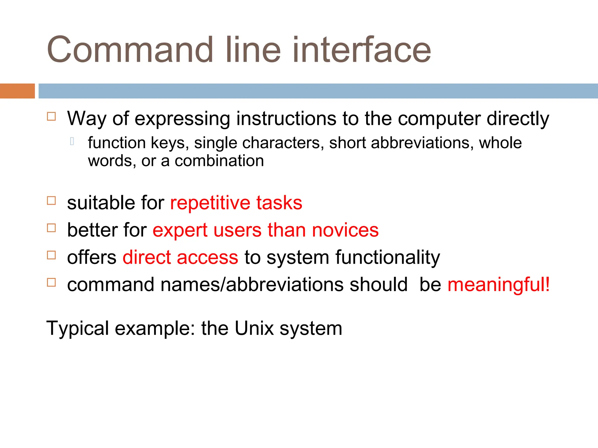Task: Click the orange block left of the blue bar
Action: click(17, 91)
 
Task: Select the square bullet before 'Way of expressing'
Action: click(51, 116)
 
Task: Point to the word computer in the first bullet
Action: click(439, 119)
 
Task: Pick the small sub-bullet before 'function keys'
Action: click(72, 141)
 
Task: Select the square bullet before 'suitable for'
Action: click(51, 201)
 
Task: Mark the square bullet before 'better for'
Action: click(51, 228)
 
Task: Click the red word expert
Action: click(180, 230)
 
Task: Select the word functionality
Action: click(387, 258)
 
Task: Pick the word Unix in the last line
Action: click(254, 328)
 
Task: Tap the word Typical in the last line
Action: click(78, 328)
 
